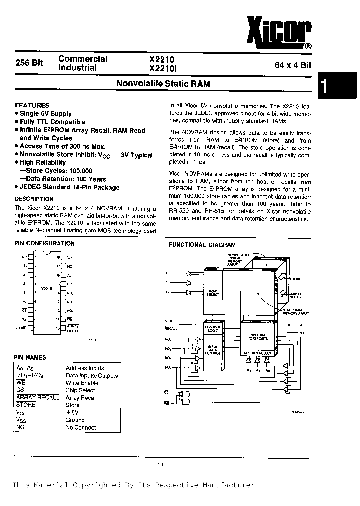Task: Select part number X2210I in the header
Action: point(165,67)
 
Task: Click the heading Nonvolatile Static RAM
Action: point(163,84)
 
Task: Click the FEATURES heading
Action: point(32,105)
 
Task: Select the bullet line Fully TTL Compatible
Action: point(52,122)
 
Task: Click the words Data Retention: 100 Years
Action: point(66,179)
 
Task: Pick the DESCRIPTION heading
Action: point(34,199)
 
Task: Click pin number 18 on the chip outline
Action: point(58,258)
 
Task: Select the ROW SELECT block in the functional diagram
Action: point(213,293)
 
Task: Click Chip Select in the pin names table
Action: point(80,390)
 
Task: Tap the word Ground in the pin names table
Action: point(75,420)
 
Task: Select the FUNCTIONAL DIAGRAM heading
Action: point(202,245)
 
